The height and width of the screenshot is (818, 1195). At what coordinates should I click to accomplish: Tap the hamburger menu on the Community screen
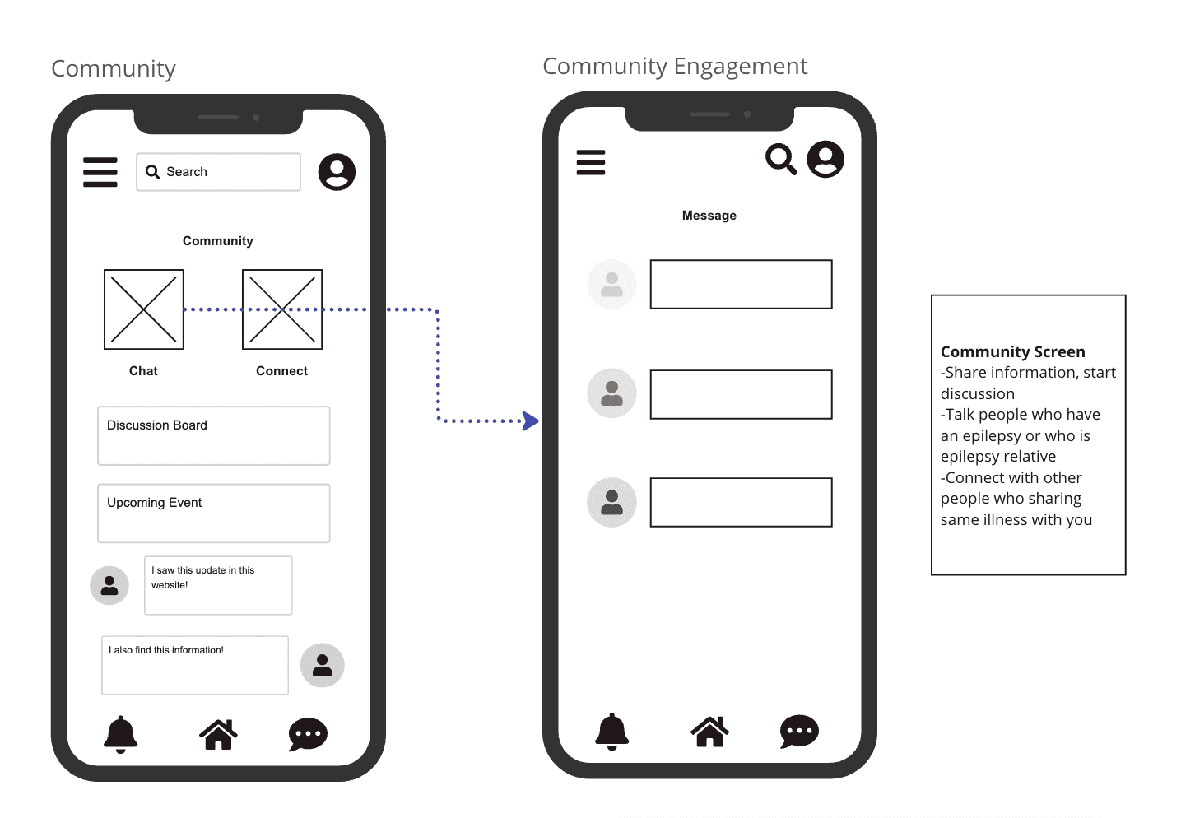[x=100, y=172]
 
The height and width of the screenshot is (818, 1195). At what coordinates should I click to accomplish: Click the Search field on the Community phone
[x=218, y=172]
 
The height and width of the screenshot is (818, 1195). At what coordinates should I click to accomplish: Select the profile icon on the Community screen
[x=337, y=172]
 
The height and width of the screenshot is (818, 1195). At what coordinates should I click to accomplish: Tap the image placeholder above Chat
[x=144, y=309]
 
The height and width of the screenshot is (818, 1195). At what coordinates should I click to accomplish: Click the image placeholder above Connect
[x=282, y=309]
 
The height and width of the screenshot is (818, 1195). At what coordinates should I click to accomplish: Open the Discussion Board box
[x=214, y=435]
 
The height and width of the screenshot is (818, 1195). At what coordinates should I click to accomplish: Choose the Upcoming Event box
[x=214, y=514]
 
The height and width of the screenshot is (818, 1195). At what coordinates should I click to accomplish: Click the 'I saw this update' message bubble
[x=218, y=585]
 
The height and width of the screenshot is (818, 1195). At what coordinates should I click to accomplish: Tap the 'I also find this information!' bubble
[x=195, y=665]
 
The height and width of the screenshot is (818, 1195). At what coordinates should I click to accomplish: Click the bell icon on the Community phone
[x=120, y=733]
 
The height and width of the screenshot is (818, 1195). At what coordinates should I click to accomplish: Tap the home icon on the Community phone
[x=218, y=734]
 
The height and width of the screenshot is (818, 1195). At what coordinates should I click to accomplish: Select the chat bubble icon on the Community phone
[x=308, y=734]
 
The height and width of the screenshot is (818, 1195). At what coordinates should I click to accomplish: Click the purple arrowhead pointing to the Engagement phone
[x=532, y=421]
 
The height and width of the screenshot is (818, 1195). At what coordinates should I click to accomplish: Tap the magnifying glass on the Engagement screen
[x=781, y=160]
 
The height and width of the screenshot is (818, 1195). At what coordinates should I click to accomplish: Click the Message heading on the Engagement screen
[x=709, y=216]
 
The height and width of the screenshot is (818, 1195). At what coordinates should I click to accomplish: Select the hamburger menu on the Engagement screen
[x=591, y=162]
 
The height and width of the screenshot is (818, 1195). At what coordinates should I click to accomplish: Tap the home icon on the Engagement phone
[x=709, y=731]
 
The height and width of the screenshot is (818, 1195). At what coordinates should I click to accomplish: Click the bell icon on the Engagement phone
[x=611, y=731]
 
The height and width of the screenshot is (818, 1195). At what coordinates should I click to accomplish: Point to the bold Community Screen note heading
[x=1012, y=352]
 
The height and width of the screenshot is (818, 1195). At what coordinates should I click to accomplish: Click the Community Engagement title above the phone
[x=675, y=66]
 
